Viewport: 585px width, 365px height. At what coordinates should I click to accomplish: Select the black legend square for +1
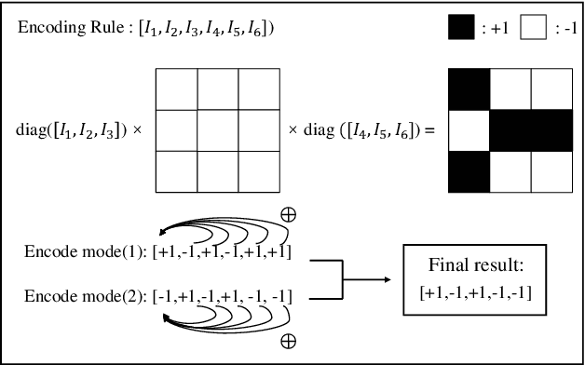coord(460,28)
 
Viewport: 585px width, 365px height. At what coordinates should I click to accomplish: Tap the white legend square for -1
coord(534,28)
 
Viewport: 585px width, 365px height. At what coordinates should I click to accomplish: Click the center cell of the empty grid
coord(217,130)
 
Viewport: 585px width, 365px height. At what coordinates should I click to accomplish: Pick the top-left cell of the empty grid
coord(175,90)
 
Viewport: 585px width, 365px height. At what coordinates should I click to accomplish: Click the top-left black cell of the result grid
coord(469,90)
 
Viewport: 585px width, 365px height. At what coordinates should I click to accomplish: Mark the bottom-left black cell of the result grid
coord(469,170)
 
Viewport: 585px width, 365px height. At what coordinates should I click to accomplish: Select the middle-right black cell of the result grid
coord(550,130)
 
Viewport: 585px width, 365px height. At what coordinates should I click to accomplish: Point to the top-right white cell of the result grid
coord(550,90)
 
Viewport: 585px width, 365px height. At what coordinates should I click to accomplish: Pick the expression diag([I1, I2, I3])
coord(73,130)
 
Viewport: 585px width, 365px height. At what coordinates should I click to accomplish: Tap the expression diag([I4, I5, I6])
coord(358,130)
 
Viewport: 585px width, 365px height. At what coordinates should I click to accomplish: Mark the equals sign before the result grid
coord(430,130)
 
